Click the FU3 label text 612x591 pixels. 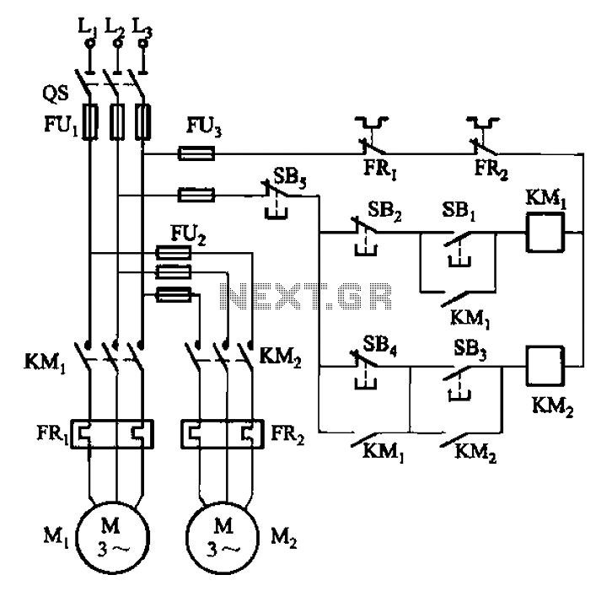(204, 126)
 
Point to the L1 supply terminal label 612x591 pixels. (88, 28)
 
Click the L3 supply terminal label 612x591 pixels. (142, 28)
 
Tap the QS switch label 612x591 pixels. (55, 94)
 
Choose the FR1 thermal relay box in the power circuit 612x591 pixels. (112, 433)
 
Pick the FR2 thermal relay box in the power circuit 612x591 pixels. (222, 433)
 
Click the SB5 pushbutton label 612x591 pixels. (290, 178)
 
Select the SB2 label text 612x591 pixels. (384, 211)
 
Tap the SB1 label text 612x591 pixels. (459, 211)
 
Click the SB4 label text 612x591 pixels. (379, 345)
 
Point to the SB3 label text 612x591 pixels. (470, 348)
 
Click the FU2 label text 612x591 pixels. (188, 234)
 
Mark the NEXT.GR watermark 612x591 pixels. (306, 296)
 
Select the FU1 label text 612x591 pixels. (62, 126)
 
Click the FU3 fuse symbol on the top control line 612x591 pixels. (196, 153)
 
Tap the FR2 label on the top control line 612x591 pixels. (491, 169)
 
